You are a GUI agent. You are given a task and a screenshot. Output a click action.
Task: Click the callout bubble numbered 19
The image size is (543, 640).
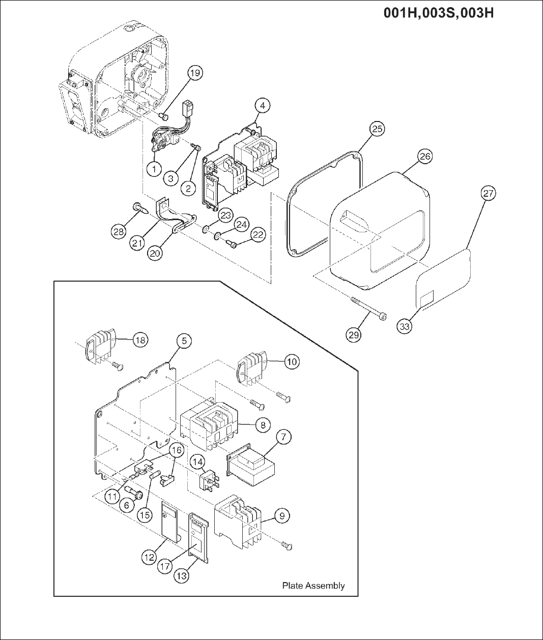pos(195,73)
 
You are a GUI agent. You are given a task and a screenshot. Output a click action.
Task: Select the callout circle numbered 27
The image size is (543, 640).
pos(488,194)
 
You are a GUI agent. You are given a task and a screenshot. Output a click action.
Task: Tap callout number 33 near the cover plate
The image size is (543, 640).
pos(404,326)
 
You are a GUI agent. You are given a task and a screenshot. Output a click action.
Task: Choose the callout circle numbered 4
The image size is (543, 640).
pos(262,106)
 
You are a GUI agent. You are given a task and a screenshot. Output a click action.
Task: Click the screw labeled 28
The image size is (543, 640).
pos(139,207)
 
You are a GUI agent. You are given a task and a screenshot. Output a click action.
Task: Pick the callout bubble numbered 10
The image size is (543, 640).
pos(292,361)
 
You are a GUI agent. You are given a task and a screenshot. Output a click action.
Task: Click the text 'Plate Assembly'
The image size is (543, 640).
pos(313,586)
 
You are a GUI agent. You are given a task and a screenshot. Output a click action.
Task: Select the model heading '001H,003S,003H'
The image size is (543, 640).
pos(438,12)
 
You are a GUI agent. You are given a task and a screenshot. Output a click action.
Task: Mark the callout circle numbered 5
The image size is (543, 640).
pos(184,341)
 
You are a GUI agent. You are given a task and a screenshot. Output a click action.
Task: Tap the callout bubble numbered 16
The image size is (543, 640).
pos(176,450)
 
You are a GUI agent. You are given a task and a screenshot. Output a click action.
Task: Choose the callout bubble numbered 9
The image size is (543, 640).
pos(281,515)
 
